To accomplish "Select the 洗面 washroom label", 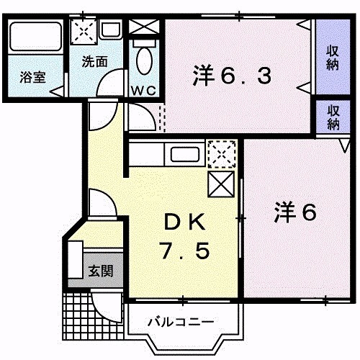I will pos(94,62).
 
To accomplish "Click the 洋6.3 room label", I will pos(233,74).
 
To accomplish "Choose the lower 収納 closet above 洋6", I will pos(333,117).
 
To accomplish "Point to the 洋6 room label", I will pos(296,212).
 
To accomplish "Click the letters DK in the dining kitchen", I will pos(184,220).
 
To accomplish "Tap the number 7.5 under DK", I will pos(184,251).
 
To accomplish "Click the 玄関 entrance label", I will pos(100,271).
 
